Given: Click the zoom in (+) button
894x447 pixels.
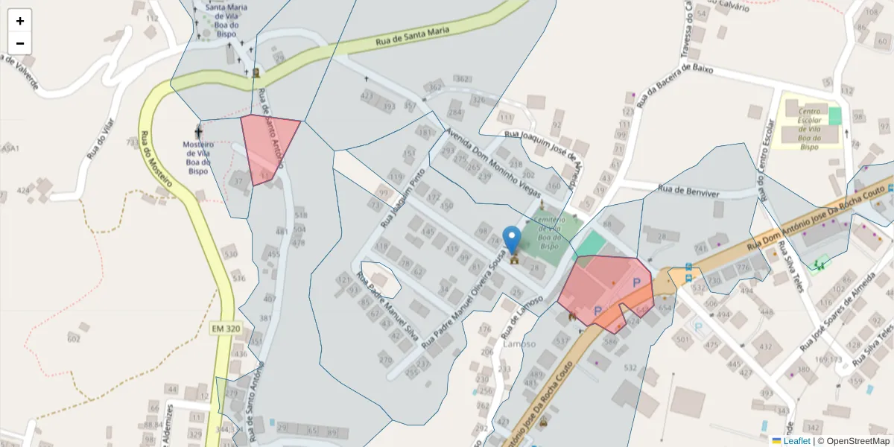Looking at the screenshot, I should (20, 21).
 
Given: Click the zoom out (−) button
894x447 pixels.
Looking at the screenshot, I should (20, 43).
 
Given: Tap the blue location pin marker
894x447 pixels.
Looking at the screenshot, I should (512, 240).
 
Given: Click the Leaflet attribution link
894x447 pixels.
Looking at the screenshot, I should (796, 441).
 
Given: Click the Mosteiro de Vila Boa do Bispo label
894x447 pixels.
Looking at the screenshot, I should (198, 157).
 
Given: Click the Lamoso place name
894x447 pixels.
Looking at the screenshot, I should (519, 344).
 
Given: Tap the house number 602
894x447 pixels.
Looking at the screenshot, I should (73, 339).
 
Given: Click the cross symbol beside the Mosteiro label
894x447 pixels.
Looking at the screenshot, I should (198, 131).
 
